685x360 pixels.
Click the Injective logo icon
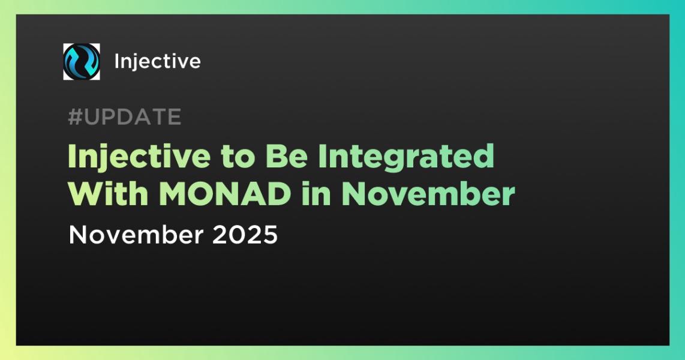point(82,62)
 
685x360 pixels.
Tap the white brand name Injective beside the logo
point(157,62)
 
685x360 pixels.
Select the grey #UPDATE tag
point(124,118)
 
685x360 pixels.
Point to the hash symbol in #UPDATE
point(75,118)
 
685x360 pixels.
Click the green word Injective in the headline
point(125,157)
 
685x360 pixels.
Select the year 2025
point(245,235)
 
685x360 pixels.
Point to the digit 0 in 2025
point(237,235)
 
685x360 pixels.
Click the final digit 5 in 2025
point(269,235)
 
